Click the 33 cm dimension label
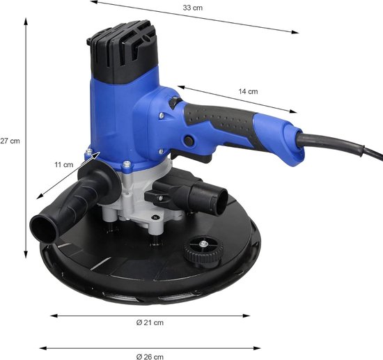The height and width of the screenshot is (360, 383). (193, 8)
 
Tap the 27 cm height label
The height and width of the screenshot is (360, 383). (10, 141)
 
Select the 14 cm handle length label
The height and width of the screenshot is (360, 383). (248, 91)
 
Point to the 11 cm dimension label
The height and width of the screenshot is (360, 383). (64, 164)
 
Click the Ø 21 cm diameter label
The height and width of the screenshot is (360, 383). (150, 322)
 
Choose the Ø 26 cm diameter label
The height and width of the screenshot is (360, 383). (150, 357)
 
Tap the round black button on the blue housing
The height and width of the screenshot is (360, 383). (189, 141)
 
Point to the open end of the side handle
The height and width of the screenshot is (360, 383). (43, 229)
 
